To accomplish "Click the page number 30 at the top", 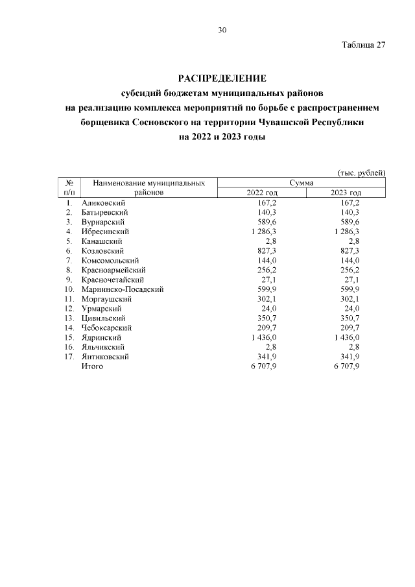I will (x=222, y=30).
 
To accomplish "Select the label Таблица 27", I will (x=363, y=45).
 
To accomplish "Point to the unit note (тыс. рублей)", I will (x=361, y=172).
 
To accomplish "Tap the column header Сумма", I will (x=302, y=184).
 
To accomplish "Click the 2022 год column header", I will (x=262, y=193).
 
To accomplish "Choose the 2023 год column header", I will (x=345, y=193).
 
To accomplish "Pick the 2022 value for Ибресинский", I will (x=264, y=232).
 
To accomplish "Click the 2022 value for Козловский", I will (x=267, y=250).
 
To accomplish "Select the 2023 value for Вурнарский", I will (x=350, y=222).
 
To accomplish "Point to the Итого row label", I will (x=92, y=366).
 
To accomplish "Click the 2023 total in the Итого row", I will (x=346, y=366).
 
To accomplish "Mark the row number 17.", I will (x=68, y=357).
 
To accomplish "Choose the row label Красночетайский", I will (x=108, y=280).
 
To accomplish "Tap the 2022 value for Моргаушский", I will (x=267, y=299).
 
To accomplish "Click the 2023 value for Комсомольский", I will (x=350, y=260).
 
